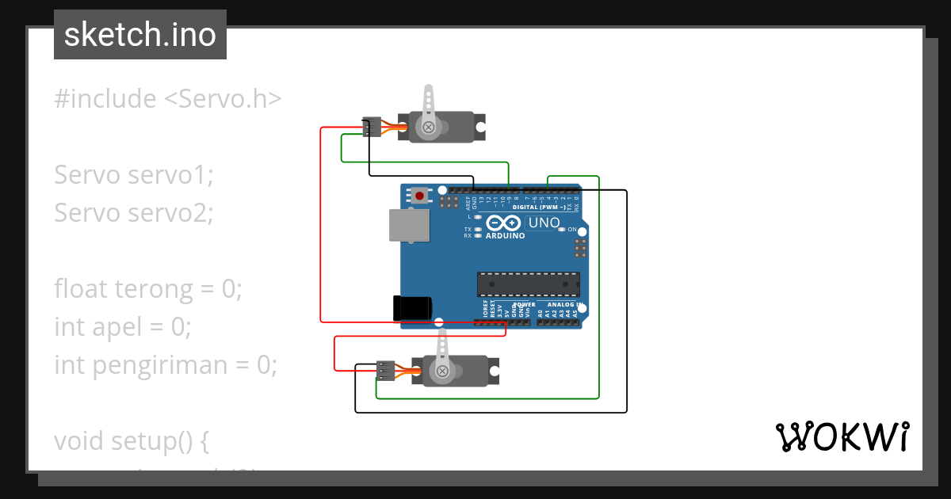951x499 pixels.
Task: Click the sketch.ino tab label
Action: (140, 35)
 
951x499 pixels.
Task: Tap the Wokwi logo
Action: (841, 436)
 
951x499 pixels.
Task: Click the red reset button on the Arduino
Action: (418, 195)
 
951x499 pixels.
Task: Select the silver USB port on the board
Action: (407, 225)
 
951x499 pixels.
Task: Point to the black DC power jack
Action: (412, 308)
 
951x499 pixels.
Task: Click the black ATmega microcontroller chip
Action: (528, 284)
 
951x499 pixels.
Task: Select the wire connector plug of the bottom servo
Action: (385, 371)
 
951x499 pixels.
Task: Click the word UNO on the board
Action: (544, 223)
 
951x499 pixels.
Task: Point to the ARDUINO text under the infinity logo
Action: (505, 235)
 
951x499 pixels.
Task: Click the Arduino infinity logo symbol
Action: (504, 223)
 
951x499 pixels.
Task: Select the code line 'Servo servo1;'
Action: (134, 175)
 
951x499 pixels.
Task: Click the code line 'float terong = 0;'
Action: (147, 289)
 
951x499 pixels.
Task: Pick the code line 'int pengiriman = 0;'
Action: (166, 365)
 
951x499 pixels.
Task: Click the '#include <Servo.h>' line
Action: (168, 99)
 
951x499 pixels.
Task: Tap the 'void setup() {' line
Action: (131, 441)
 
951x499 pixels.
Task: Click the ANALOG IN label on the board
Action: (565, 304)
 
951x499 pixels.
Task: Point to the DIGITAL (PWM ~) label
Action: (540, 208)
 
